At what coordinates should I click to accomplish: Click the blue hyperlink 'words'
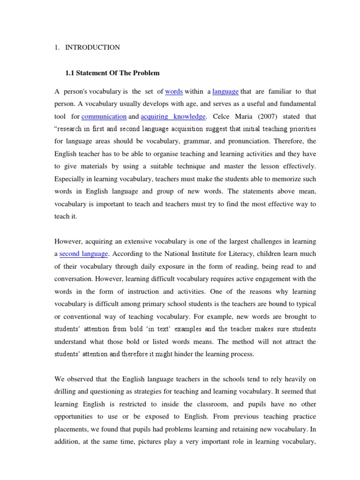click(x=174, y=91)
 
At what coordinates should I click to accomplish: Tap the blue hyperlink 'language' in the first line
click(x=225, y=91)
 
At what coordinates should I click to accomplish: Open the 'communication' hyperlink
click(x=104, y=116)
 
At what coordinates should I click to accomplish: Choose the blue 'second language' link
click(x=84, y=254)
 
